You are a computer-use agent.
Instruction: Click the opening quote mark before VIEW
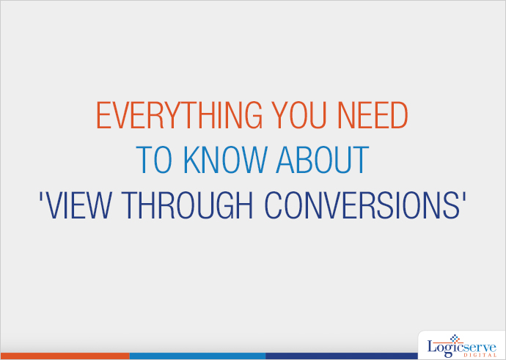pos(41,197)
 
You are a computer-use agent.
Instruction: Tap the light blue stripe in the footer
pos(197,356)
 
